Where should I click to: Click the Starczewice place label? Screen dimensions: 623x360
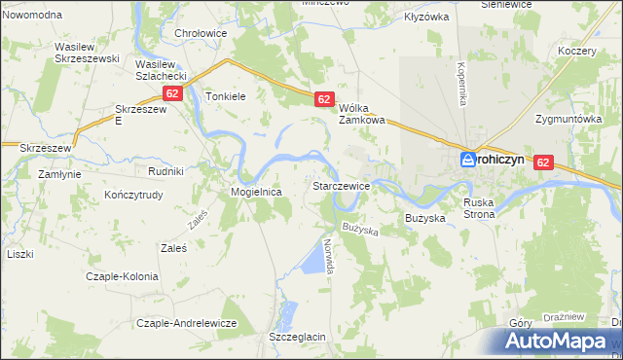[340, 185]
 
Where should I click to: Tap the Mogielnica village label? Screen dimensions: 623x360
[256, 193]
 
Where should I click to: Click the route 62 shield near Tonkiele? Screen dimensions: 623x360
[172, 93]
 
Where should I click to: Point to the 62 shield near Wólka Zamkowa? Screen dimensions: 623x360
[325, 99]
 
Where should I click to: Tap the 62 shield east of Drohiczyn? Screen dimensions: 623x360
[543, 164]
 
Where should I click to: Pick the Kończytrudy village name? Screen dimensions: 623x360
[137, 195]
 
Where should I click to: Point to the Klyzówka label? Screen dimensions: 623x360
[426, 17]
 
